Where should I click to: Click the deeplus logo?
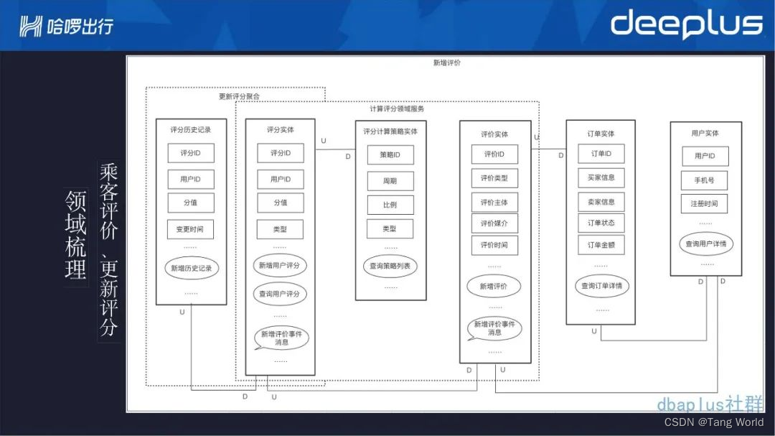point(686,24)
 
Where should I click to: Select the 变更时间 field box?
point(190,230)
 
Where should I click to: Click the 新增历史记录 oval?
point(190,268)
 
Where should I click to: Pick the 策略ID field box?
point(390,155)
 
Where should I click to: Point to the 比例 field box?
point(390,205)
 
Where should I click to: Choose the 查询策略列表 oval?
point(390,266)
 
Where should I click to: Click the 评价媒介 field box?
point(494,223)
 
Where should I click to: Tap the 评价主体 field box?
point(494,203)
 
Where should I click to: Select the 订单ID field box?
point(601,154)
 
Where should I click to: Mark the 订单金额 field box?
point(601,245)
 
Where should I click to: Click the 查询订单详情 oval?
point(601,286)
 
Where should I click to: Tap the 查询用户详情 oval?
point(706,244)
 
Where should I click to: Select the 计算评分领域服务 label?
point(396,109)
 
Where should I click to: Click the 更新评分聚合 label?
point(239,96)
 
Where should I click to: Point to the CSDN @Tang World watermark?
point(714,422)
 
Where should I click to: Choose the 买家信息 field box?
point(601,177)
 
